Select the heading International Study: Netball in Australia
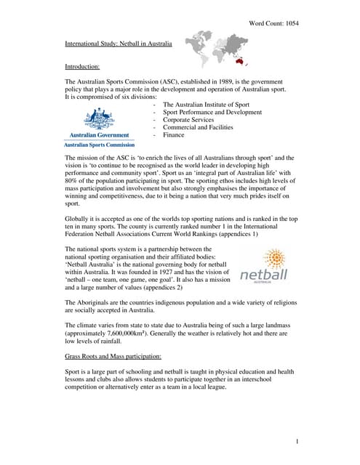tap(119, 44)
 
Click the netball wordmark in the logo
tap(264, 275)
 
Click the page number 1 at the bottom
tap(298, 441)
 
